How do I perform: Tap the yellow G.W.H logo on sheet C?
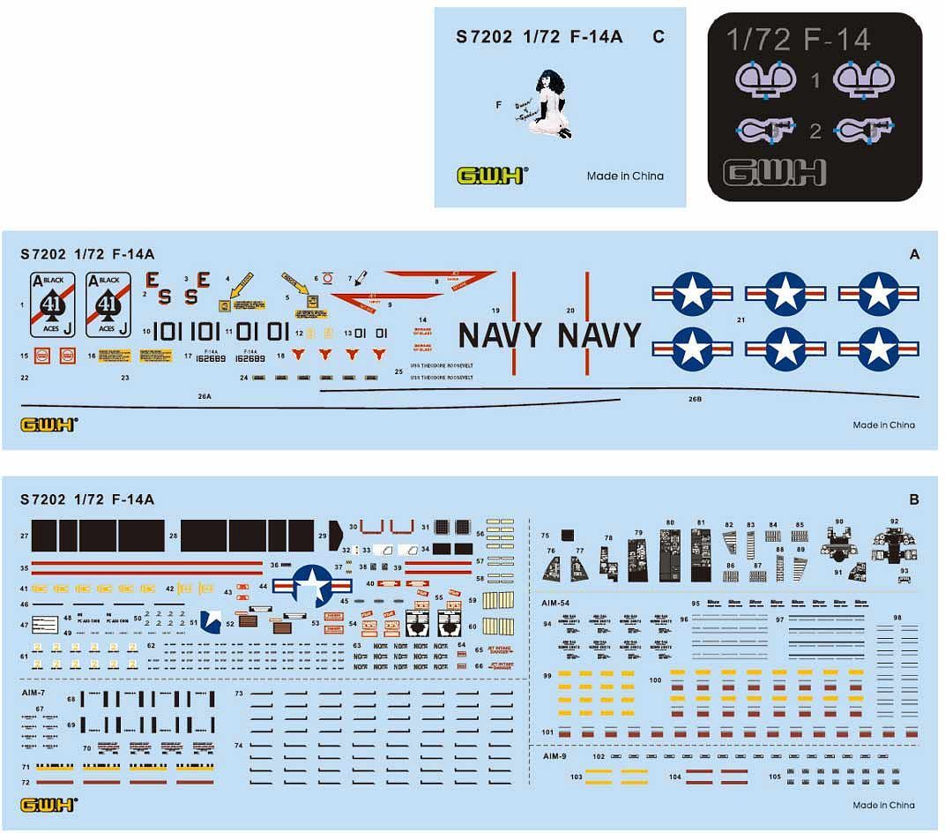point(491,175)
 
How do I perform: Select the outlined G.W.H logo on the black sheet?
point(774,171)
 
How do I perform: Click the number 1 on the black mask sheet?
point(815,81)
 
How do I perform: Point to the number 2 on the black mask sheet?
point(815,132)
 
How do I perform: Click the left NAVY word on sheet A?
point(500,336)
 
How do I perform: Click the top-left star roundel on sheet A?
point(693,294)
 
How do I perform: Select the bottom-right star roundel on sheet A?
point(878,348)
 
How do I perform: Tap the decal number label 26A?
point(205,397)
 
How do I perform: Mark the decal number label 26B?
point(695,399)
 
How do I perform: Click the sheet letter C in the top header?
point(659,37)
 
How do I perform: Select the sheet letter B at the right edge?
point(914,500)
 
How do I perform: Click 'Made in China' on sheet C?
point(625,176)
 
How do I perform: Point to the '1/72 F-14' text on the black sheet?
point(798,40)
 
